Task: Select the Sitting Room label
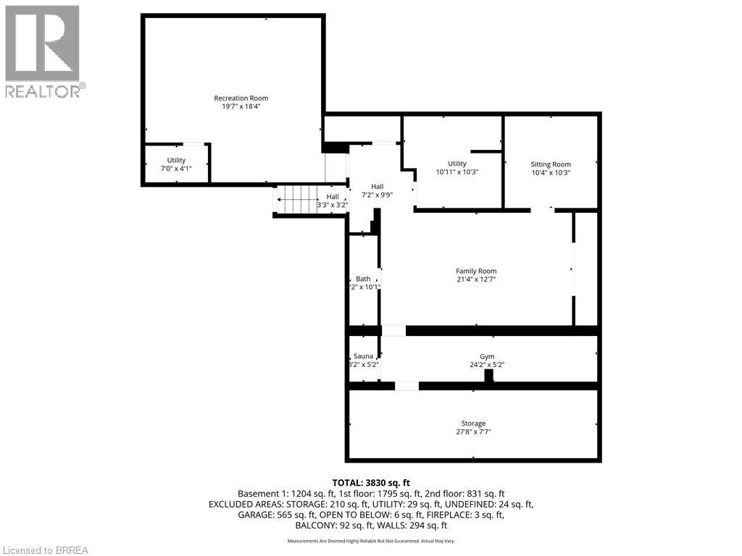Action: (x=551, y=164)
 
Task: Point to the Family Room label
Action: (x=476, y=271)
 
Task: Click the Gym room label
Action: (x=487, y=356)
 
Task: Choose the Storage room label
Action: (x=473, y=424)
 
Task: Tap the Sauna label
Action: (x=363, y=356)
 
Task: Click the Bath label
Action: (x=363, y=279)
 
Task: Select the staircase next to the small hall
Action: (x=296, y=199)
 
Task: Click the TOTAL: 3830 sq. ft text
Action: (x=371, y=482)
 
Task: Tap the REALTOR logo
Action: (x=44, y=51)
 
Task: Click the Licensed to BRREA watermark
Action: (x=44, y=549)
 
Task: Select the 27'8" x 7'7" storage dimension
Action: (x=473, y=432)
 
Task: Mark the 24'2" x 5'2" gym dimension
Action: (x=487, y=365)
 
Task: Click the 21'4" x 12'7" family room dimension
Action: (x=476, y=279)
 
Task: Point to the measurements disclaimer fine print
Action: (x=371, y=541)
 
